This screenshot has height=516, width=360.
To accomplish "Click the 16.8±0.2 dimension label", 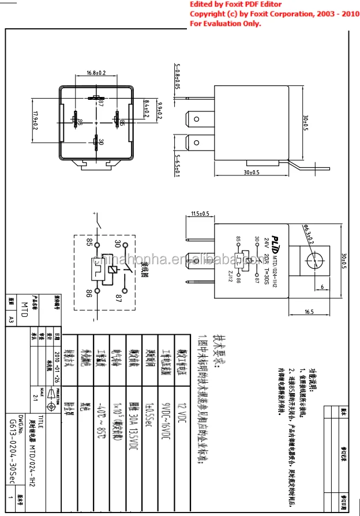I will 96,73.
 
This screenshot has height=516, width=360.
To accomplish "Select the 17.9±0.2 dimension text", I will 36,120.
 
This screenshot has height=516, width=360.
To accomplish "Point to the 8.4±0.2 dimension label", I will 147,109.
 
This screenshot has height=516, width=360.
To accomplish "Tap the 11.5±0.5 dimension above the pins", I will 199,214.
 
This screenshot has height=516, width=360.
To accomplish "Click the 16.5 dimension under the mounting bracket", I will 309,312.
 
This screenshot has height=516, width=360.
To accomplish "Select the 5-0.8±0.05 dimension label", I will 177,77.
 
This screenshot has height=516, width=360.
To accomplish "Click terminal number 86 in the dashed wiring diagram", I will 89,293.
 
